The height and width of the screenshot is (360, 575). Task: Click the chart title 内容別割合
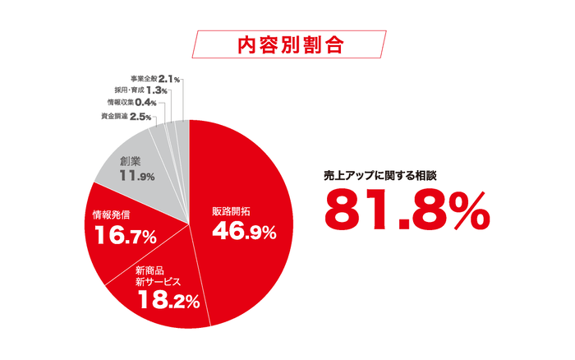pos(287,44)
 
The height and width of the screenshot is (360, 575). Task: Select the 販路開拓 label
pos(234,211)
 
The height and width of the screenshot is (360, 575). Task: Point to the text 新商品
pos(151,270)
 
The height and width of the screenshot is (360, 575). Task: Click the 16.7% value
pos(126,237)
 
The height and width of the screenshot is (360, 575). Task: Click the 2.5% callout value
pos(140,118)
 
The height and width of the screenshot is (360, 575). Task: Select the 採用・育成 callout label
pos(129,90)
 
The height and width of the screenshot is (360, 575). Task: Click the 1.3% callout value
pos(157,90)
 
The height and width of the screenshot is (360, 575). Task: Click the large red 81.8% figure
pos(407,210)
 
